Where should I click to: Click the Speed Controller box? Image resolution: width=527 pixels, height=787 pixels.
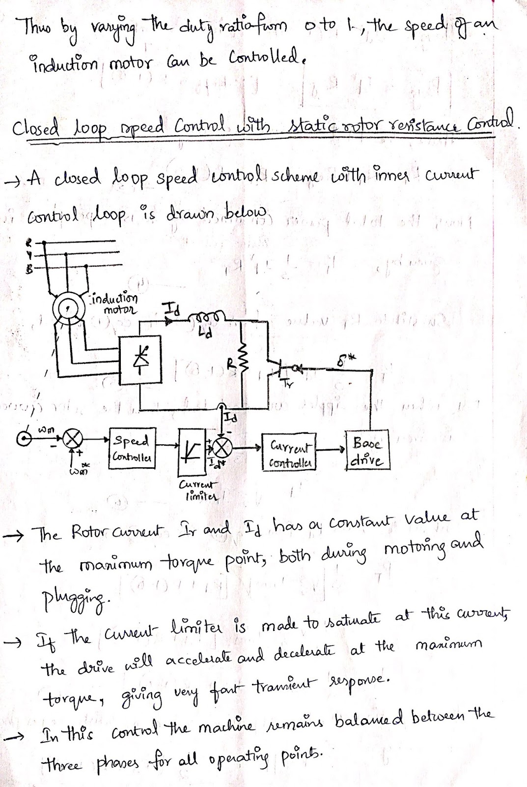132,449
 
